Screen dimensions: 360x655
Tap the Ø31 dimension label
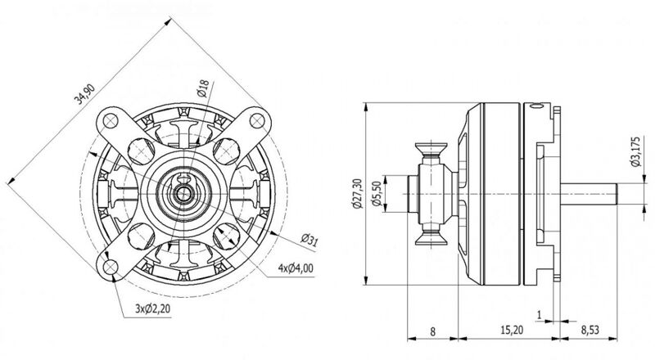point(309,239)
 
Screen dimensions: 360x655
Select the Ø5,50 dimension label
point(377,195)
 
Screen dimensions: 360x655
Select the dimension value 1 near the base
point(540,313)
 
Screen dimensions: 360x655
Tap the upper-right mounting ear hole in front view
point(260,123)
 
